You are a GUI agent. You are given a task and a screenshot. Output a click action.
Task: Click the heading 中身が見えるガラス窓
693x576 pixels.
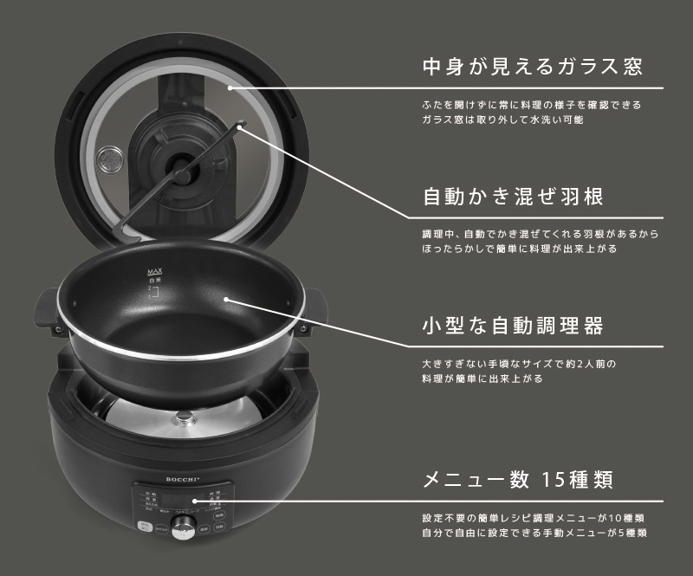pyautogui.click(x=531, y=67)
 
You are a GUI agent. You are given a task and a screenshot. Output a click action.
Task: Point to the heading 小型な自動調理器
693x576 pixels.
pyautogui.click(x=511, y=327)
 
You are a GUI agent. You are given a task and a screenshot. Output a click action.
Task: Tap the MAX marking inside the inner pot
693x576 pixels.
pyautogui.click(x=155, y=272)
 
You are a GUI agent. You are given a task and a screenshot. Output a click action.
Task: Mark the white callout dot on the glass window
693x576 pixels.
pyautogui.click(x=230, y=87)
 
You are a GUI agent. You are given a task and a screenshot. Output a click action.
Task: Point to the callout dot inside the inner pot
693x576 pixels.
pyautogui.click(x=227, y=301)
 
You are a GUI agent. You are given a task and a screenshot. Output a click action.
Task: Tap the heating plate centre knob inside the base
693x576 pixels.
pyautogui.click(x=183, y=419)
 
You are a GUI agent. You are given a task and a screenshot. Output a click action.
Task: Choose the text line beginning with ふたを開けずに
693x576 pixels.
pyautogui.click(x=531, y=104)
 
